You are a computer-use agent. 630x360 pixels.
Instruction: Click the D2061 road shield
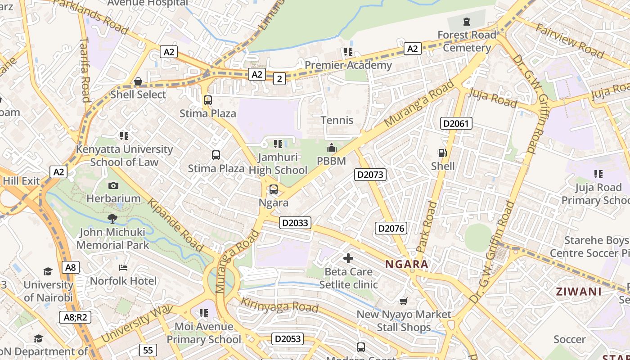[x=456, y=123]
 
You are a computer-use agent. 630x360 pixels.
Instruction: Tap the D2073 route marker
[x=370, y=175]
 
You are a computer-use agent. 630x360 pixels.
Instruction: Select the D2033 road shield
[x=295, y=223]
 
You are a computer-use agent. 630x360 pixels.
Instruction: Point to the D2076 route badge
[x=391, y=228]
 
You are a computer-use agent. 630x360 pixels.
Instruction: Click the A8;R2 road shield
[x=75, y=317]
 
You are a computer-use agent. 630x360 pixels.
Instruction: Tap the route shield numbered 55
[x=148, y=350]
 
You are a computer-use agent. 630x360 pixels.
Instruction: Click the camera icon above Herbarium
[x=113, y=185]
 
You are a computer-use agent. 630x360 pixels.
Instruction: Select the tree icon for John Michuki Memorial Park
[x=112, y=219]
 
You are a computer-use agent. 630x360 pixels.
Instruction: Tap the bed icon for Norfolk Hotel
[x=123, y=268]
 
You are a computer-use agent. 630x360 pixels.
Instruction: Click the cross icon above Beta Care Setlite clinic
[x=348, y=258]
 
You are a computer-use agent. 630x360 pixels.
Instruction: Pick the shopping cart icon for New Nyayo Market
[x=404, y=301]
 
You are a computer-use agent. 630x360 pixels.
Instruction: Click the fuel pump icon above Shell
[x=443, y=153]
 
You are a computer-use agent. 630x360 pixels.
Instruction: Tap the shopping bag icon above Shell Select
[x=138, y=81]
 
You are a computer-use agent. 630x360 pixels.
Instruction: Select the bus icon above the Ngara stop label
[x=273, y=189]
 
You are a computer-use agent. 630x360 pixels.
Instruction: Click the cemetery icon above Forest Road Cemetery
[x=467, y=21]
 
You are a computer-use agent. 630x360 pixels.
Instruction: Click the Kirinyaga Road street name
[x=279, y=305]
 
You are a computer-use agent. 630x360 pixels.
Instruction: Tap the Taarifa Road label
[x=85, y=70]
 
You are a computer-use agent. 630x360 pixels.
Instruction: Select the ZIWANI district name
[x=579, y=291]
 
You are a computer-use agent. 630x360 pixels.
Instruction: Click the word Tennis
[x=337, y=120]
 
